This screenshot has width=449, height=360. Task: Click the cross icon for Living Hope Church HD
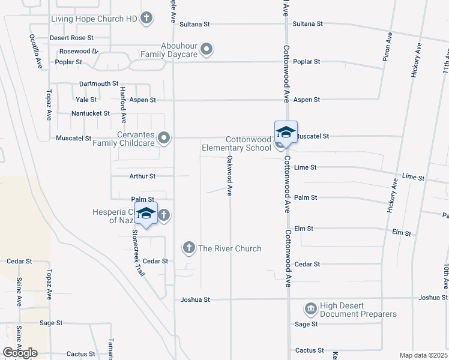pyautogui.click(x=146, y=19)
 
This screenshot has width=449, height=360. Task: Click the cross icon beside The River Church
pyautogui.click(x=188, y=248)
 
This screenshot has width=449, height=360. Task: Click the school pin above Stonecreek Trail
pyautogui.click(x=146, y=214)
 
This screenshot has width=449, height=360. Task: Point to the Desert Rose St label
pyautogui.click(x=71, y=37)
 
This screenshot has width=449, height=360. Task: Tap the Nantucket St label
pyautogui.click(x=91, y=113)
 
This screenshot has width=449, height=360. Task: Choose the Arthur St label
pyautogui.click(x=142, y=176)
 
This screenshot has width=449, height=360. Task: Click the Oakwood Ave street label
pyautogui.click(x=229, y=176)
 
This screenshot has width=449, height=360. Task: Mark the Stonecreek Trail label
pyautogui.click(x=139, y=253)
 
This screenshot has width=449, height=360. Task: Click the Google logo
pyautogui.click(x=20, y=353)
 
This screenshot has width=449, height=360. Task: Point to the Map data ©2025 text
pyautogui.click(x=424, y=355)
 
